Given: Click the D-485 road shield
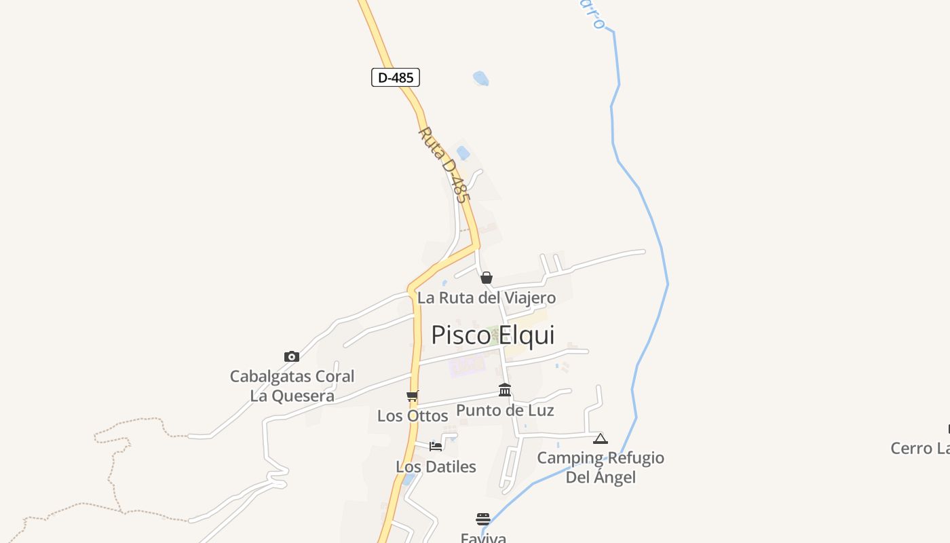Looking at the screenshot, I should [396, 77].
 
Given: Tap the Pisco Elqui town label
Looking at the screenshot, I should [493, 335].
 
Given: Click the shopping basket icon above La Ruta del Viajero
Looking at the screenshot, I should [486, 278].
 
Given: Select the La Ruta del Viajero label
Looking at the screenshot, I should [486, 297].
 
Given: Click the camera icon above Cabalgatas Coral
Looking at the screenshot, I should [292, 356].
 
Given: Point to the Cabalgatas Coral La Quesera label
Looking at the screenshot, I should [292, 386].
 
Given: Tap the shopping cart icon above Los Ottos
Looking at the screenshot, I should [412, 396].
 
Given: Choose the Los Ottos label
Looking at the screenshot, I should [413, 415].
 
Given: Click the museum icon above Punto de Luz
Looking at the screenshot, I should [505, 390].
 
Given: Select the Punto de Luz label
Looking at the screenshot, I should [505, 410].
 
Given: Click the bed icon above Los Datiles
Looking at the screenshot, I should [436, 446].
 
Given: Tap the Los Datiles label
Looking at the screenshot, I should [436, 467].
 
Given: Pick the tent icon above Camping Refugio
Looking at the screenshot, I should [601, 438].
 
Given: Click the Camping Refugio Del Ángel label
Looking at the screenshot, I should [601, 467].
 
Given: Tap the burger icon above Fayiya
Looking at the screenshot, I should [483, 519].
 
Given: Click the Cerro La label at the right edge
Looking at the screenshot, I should [920, 449].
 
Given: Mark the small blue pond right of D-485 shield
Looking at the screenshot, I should [480, 79].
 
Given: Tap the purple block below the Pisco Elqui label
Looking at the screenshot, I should [466, 366].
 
